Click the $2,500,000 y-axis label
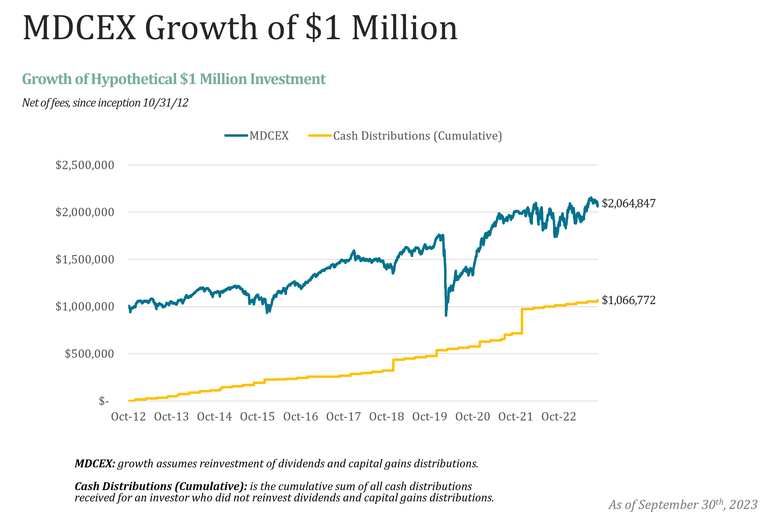click(85, 165)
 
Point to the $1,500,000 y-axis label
click(85, 259)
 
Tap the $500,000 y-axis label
click(89, 354)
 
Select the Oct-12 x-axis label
click(128, 417)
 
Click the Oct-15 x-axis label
click(258, 417)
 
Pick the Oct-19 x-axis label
click(429, 417)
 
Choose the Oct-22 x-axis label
click(559, 417)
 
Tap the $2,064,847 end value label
click(629, 203)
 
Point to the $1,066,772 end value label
click(629, 300)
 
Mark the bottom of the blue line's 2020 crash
click(446, 315)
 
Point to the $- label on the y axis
click(104, 401)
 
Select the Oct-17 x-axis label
click(343, 417)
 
